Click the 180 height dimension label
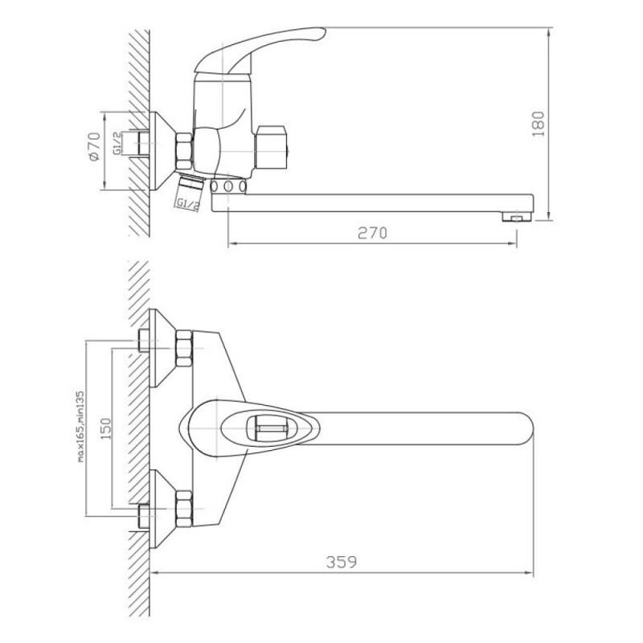[x=538, y=124]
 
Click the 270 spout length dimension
[x=372, y=233]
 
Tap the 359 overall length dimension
[x=341, y=562]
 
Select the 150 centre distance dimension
[x=106, y=428]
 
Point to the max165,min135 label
[x=80, y=427]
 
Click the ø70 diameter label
[x=94, y=146]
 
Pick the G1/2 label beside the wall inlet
[x=117, y=143]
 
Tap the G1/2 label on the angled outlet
[x=188, y=204]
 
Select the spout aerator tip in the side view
[x=517, y=216]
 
